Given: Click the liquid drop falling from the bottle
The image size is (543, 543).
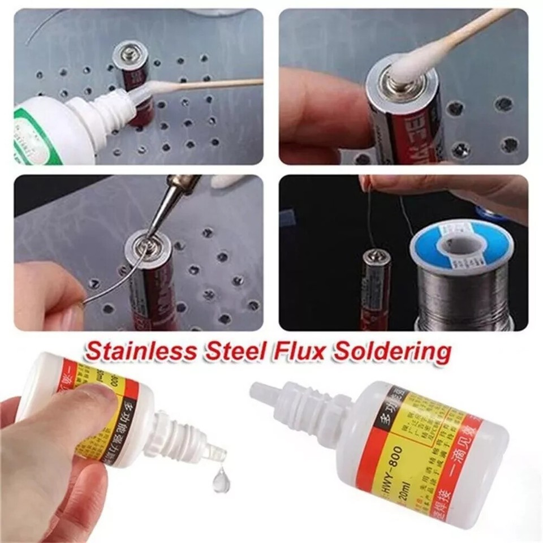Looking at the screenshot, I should coord(220,482).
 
